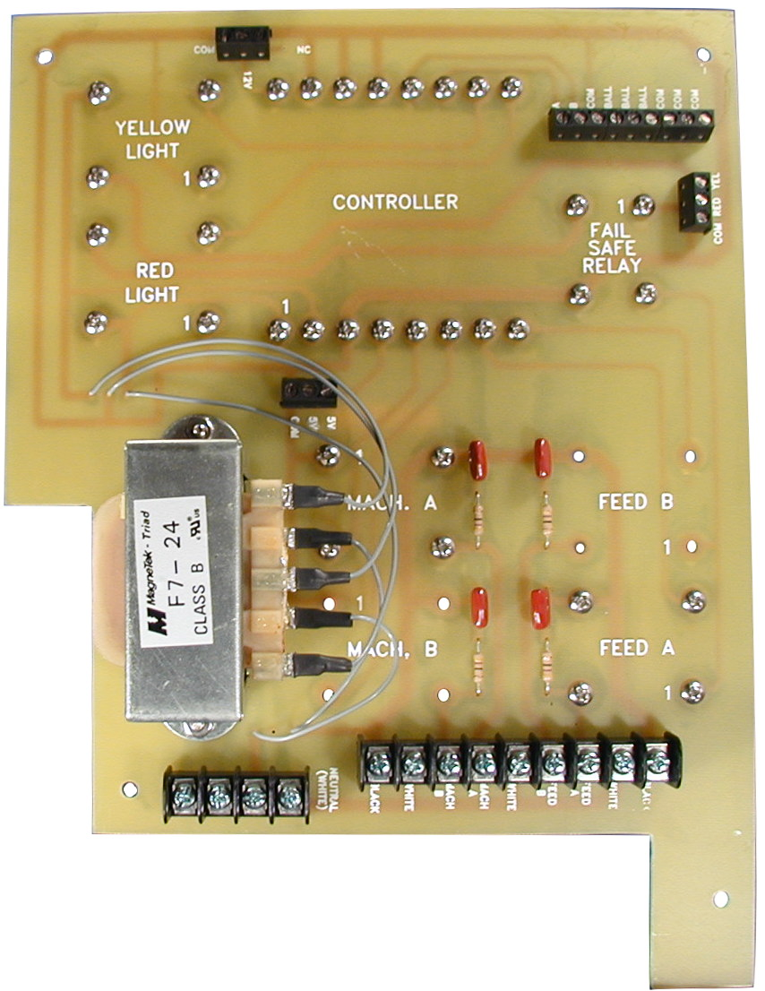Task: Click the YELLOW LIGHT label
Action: tap(152, 139)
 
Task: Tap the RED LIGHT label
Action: tap(158, 281)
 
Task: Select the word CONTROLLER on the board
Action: tap(395, 203)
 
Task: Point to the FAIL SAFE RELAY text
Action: tap(612, 248)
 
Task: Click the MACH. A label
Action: tap(391, 504)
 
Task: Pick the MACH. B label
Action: tap(391, 649)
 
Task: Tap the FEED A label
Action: tap(635, 646)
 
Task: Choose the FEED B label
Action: tap(635, 502)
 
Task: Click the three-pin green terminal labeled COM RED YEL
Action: tap(693, 203)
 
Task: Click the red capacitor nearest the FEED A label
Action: tap(541, 609)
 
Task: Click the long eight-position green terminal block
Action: tap(631, 124)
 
